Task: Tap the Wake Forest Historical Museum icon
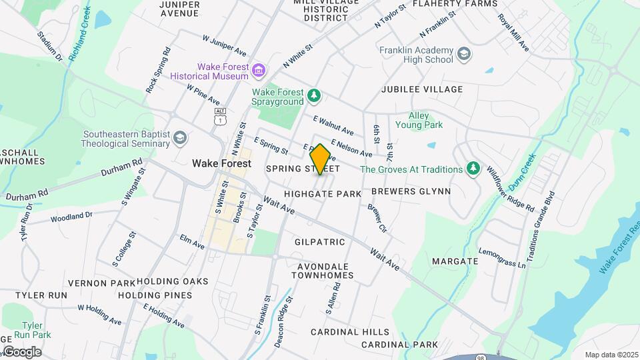pyautogui.click(x=259, y=69)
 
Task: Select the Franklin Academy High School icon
pyautogui.click(x=463, y=53)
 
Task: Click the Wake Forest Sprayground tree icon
pyautogui.click(x=314, y=97)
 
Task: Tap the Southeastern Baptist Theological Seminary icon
pyautogui.click(x=179, y=138)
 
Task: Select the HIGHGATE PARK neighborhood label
pyautogui.click(x=323, y=193)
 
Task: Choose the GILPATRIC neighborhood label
pyautogui.click(x=319, y=241)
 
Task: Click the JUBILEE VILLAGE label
pyautogui.click(x=421, y=89)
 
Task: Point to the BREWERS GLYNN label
pyautogui.click(x=411, y=191)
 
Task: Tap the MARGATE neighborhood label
pyautogui.click(x=455, y=261)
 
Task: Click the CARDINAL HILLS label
pyautogui.click(x=350, y=331)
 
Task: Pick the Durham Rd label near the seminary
pyautogui.click(x=122, y=167)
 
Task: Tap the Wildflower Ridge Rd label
pyautogui.click(x=510, y=189)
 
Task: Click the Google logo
pyautogui.click(x=21, y=352)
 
